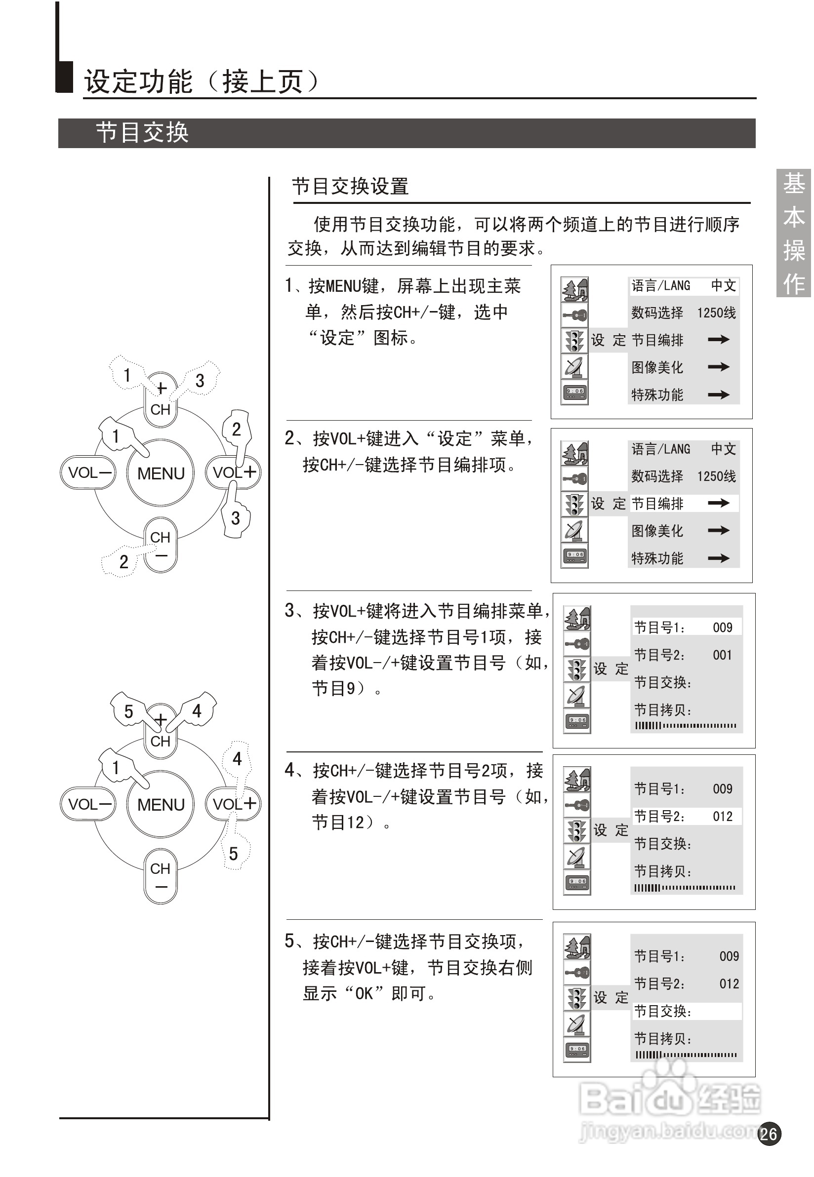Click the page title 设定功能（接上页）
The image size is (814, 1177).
(x=202, y=81)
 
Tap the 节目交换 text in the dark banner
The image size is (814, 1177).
(x=142, y=133)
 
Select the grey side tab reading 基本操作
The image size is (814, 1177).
(x=794, y=233)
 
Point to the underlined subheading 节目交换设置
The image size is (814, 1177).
(x=350, y=187)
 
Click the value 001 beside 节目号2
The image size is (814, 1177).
(x=722, y=655)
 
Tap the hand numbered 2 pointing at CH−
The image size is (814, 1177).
(x=122, y=561)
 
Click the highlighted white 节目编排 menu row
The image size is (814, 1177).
(x=684, y=504)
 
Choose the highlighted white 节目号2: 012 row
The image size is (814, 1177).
(x=686, y=816)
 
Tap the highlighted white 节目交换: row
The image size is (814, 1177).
(x=686, y=1011)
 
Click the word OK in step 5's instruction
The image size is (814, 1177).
(x=364, y=993)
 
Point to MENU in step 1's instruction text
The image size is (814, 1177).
(x=343, y=286)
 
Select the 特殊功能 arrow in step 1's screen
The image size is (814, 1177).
(x=718, y=394)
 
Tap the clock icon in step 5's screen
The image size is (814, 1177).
(x=577, y=1049)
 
